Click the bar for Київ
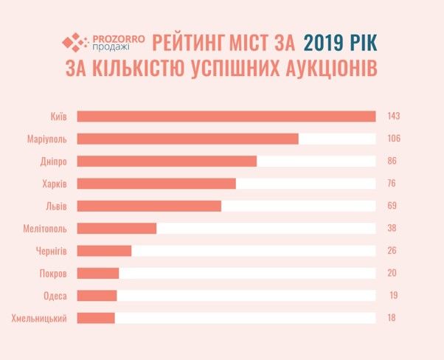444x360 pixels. tap(226, 116)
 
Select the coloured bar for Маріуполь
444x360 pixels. tap(187, 139)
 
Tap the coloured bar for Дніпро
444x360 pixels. tap(167, 161)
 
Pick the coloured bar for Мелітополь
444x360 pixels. tap(117, 228)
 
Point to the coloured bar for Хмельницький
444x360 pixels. tap(96, 318)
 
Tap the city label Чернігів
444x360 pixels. tap(52, 251)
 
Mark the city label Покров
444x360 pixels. tap(54, 273)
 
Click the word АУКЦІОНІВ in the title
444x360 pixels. tap(322, 69)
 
